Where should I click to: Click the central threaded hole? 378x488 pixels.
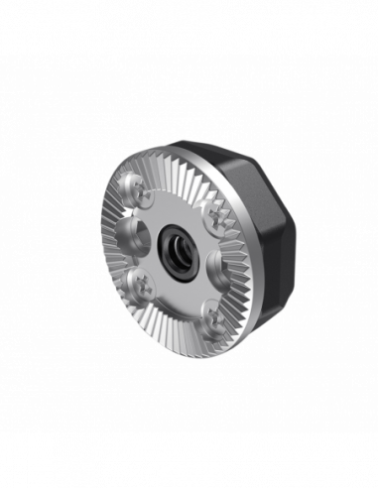coord(178,244)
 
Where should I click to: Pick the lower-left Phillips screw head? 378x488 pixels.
coord(141,281)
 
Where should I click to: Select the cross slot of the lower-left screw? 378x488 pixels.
coord(141,281)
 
